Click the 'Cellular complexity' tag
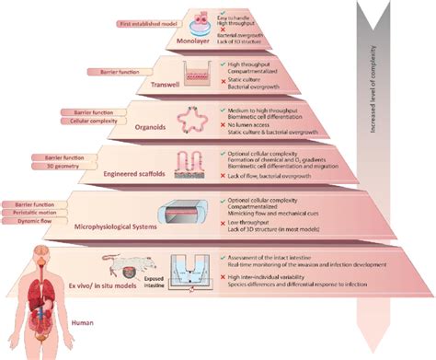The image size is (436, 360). click(x=93, y=119)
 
